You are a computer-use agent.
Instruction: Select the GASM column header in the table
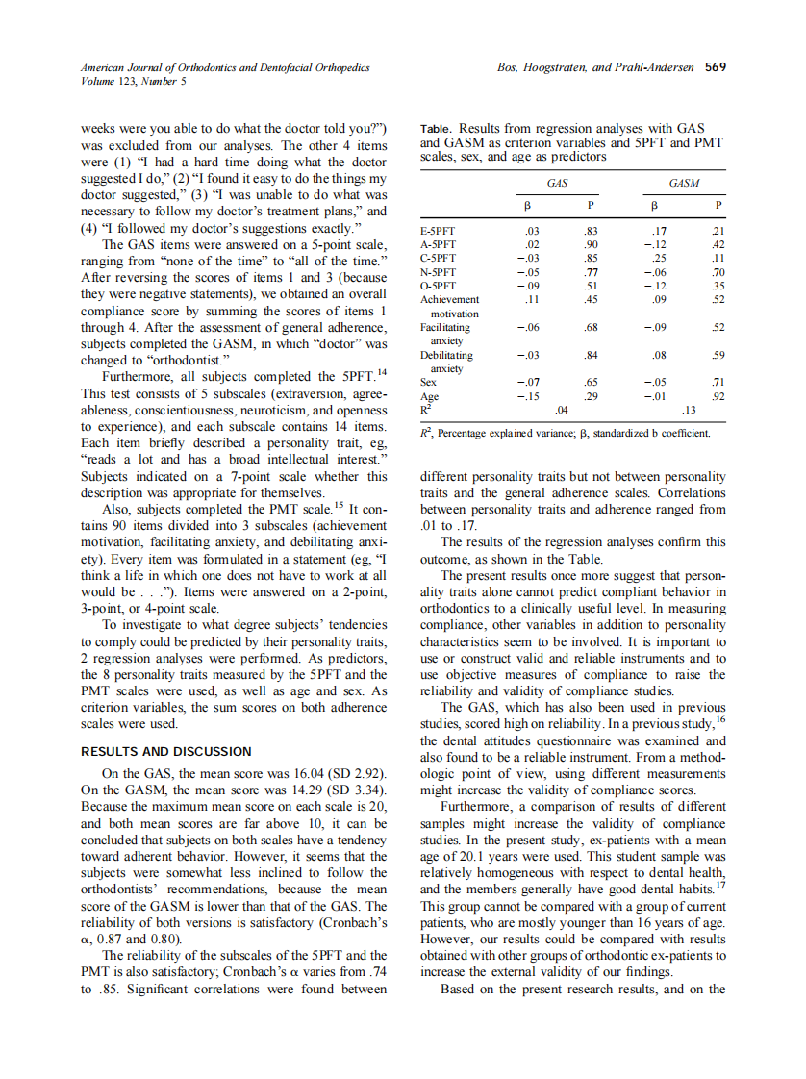(x=683, y=182)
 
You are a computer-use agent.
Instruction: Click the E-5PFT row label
(x=439, y=232)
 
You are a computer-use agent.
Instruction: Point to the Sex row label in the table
(x=429, y=382)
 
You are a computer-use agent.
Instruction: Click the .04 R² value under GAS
(x=562, y=411)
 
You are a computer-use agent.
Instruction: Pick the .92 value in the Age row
(x=716, y=395)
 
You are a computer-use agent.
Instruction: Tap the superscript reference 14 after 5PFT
(x=382, y=371)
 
